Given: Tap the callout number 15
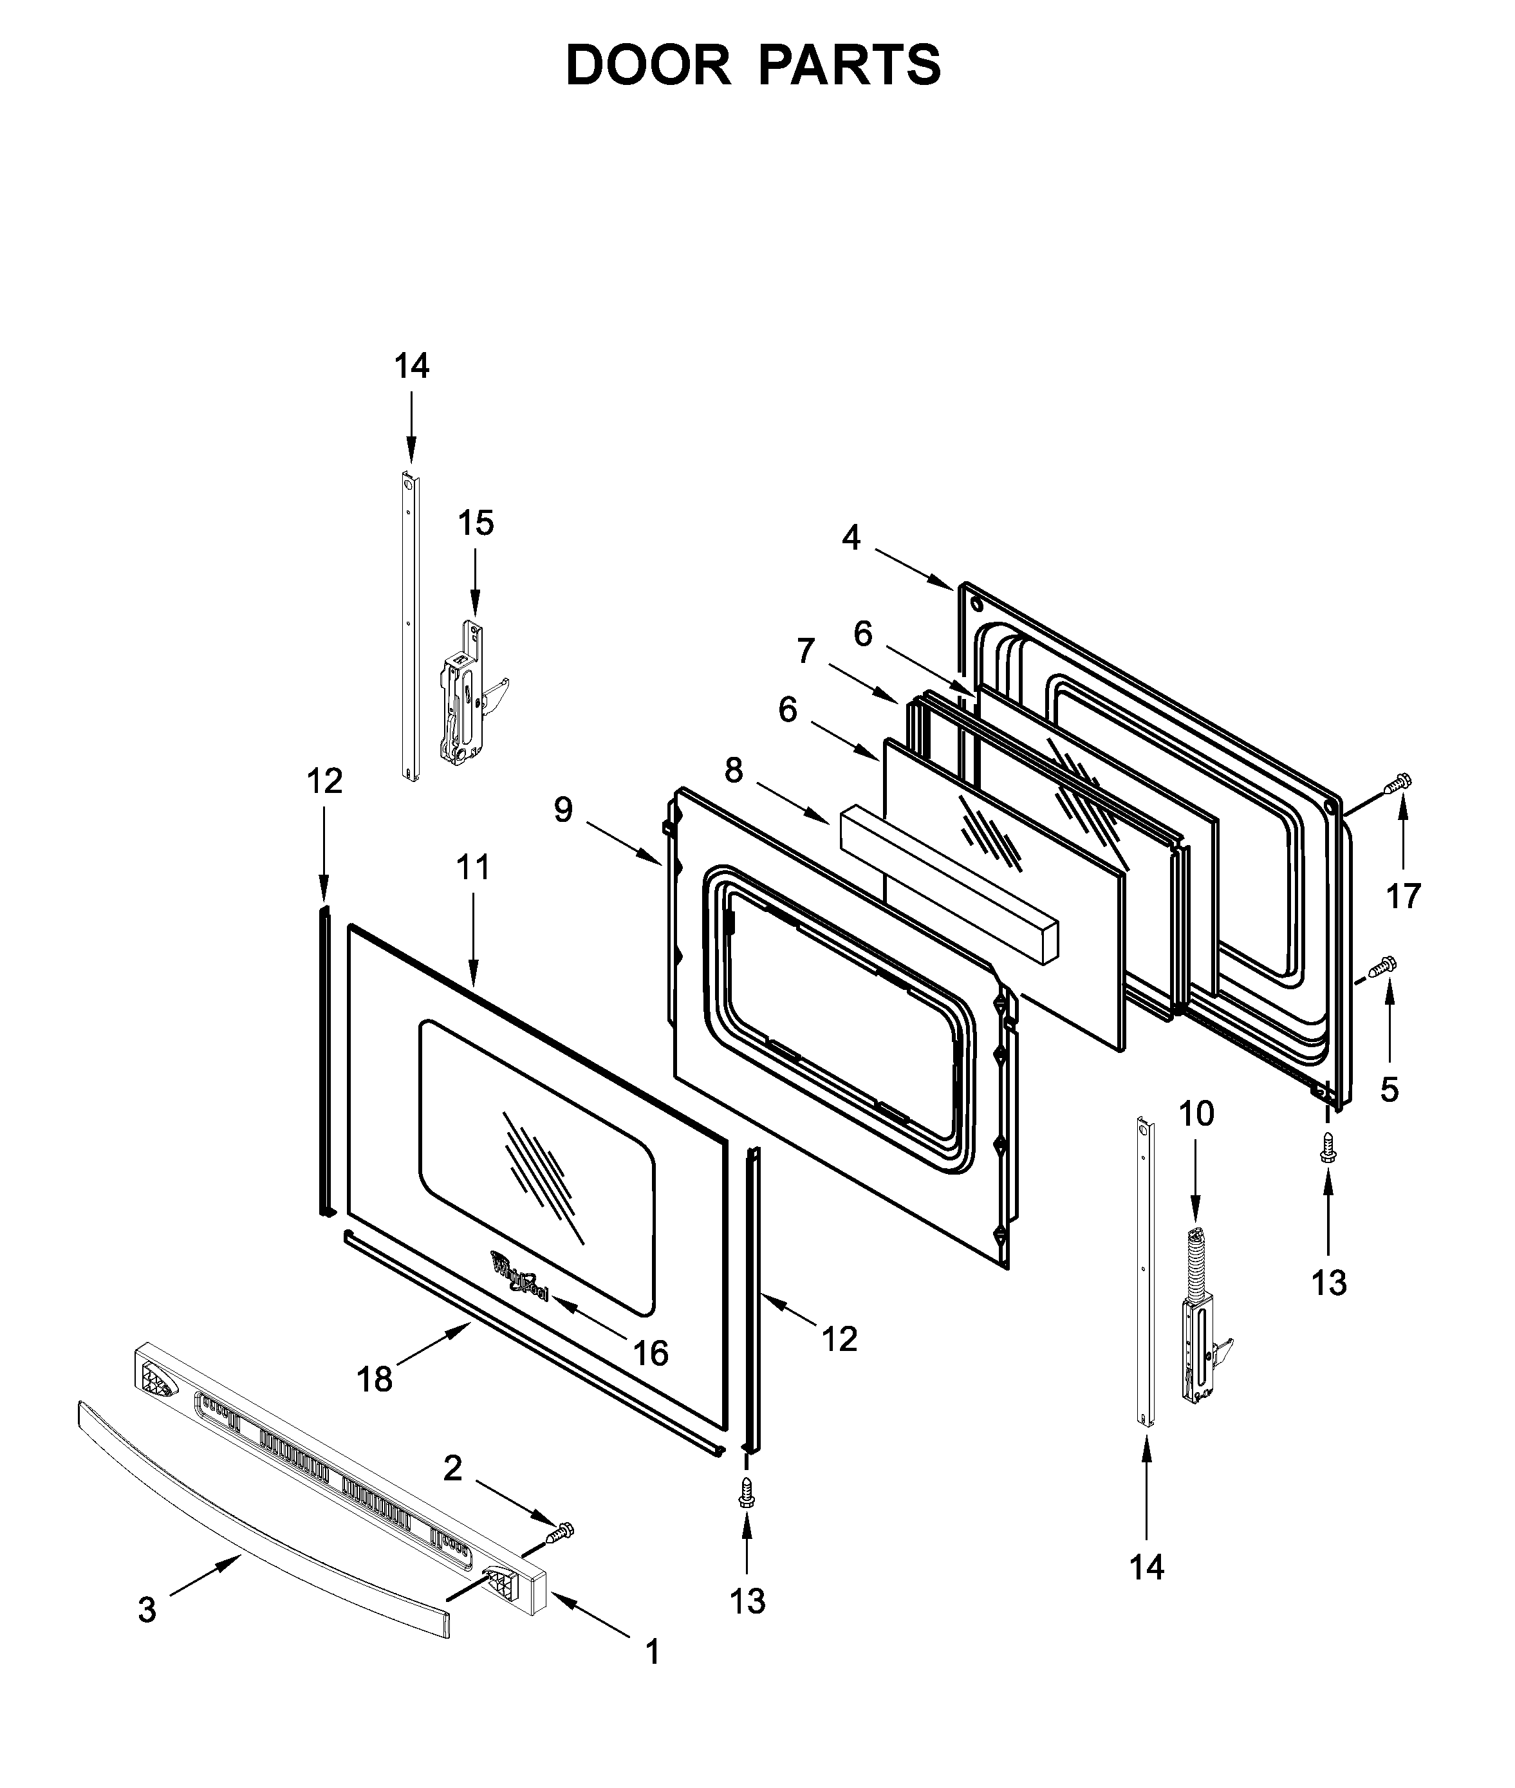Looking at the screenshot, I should (x=476, y=523).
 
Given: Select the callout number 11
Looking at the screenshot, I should (x=472, y=868).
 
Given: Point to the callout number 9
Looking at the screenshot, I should (x=562, y=809).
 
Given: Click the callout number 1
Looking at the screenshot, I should (x=652, y=1652).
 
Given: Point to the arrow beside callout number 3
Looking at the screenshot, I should (x=206, y=1576).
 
